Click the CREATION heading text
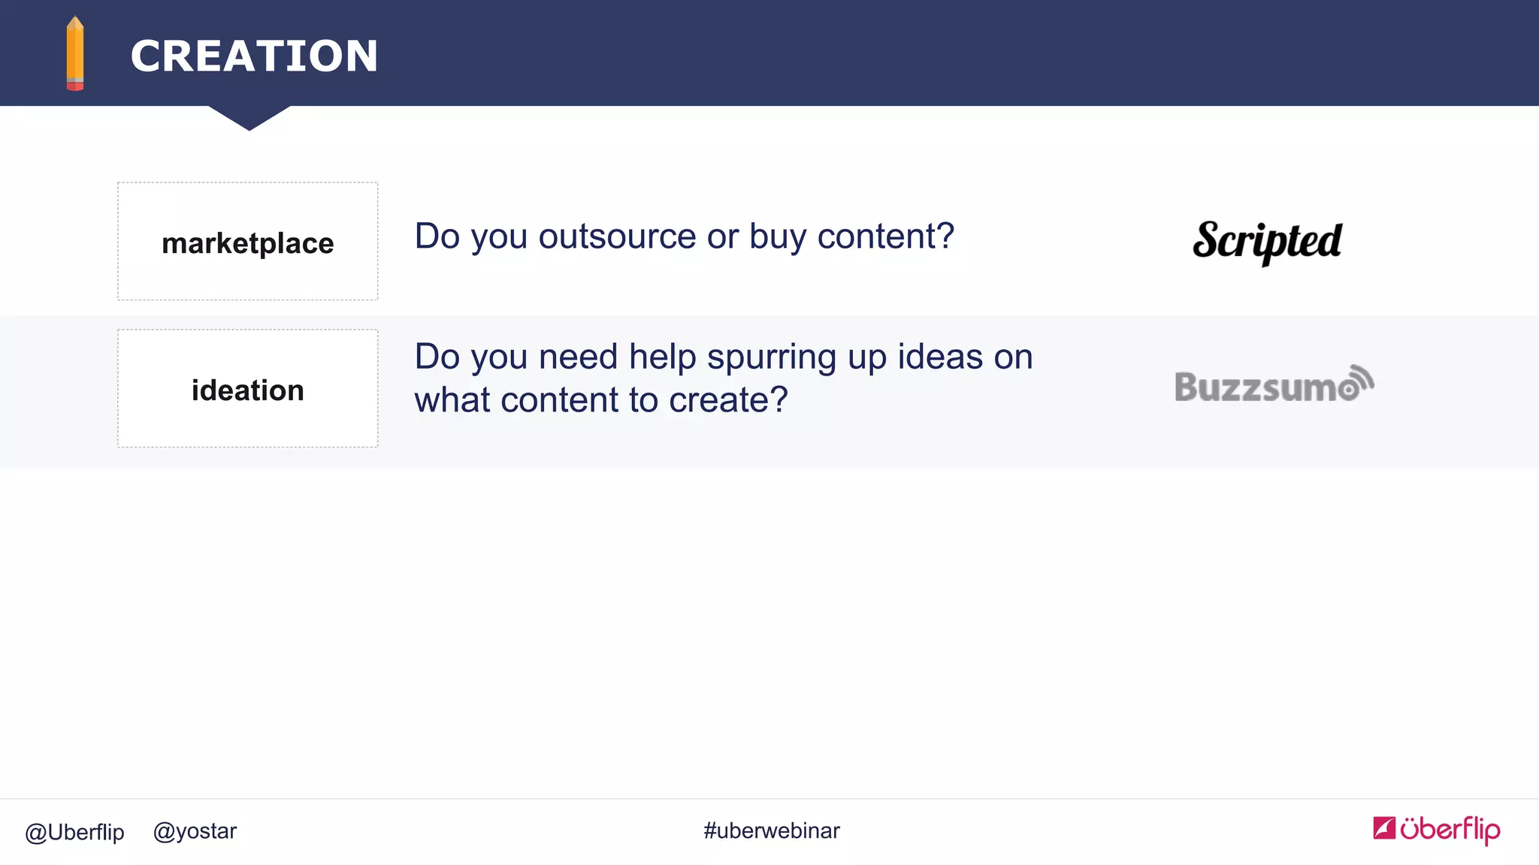254,56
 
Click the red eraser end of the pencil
75,86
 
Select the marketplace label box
247,242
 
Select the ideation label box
247,389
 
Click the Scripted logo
1267,241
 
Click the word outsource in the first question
617,237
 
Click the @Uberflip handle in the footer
74,832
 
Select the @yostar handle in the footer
195,831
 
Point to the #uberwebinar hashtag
771,830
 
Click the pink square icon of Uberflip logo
1383,827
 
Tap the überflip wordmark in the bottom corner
1450,830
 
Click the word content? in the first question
885,237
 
